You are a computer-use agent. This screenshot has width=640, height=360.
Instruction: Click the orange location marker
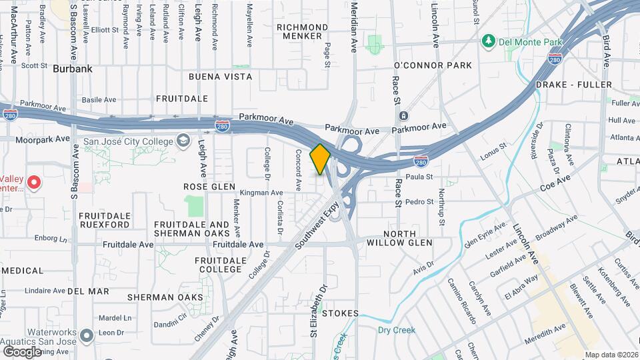coord(320,159)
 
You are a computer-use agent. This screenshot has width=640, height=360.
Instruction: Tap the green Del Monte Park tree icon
coord(489,42)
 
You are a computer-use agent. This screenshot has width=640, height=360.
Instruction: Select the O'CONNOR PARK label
coord(433,65)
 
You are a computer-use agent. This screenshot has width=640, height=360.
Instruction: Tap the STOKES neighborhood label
coord(341,313)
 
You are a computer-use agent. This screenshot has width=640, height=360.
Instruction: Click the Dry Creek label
coord(397,330)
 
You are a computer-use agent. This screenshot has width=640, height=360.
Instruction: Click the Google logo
coord(22,351)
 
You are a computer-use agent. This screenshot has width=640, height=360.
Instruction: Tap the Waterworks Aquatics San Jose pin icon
coord(87,335)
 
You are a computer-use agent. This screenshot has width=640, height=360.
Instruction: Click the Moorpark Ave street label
coord(44,139)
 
